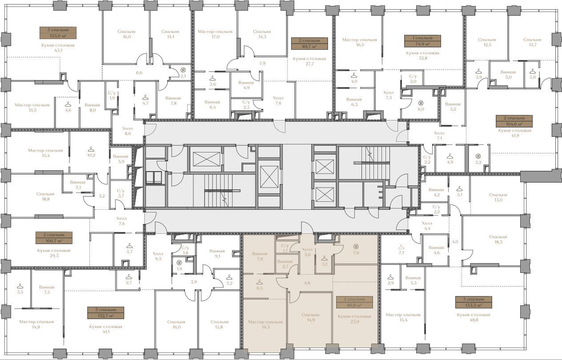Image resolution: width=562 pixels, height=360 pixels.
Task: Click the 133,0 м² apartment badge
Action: coord(58,33)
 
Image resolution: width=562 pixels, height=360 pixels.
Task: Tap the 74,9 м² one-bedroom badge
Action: coord(422,41)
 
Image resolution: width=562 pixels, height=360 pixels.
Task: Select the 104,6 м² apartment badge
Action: coord(514,121)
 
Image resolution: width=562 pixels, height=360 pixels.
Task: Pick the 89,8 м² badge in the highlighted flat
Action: coord(354,302)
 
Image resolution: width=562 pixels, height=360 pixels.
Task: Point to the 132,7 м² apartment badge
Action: coord(106,313)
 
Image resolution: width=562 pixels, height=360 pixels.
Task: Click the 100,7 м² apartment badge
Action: coord(54,238)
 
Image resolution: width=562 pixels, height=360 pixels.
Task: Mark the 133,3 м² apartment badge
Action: coord(474,302)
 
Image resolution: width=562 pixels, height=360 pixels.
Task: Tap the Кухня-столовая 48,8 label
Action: coord(474,317)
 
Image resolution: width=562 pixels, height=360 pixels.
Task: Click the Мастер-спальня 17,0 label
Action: coord(215,34)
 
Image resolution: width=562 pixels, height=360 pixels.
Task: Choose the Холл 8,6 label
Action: coord(128,131)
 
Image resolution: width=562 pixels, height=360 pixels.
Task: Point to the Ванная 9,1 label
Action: coord(217,254)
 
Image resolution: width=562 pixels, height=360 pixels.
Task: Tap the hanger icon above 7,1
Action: coord(401,247)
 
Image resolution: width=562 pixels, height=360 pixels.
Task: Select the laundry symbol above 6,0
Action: coord(421,103)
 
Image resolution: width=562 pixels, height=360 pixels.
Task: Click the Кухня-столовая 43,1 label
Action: coord(58,48)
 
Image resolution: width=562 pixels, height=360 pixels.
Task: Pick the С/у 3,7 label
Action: coord(120,193)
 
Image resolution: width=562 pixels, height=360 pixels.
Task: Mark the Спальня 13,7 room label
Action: coord(532,42)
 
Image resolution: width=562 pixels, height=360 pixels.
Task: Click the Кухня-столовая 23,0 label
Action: coord(354,319)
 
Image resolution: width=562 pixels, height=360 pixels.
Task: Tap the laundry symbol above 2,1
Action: coord(183,70)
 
